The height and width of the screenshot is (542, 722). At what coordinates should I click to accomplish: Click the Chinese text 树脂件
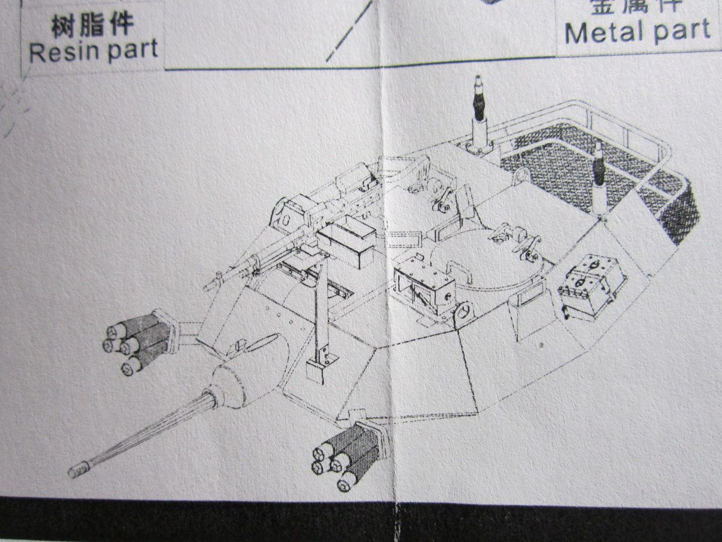92,26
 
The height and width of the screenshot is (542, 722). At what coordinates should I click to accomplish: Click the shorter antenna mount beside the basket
598,181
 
